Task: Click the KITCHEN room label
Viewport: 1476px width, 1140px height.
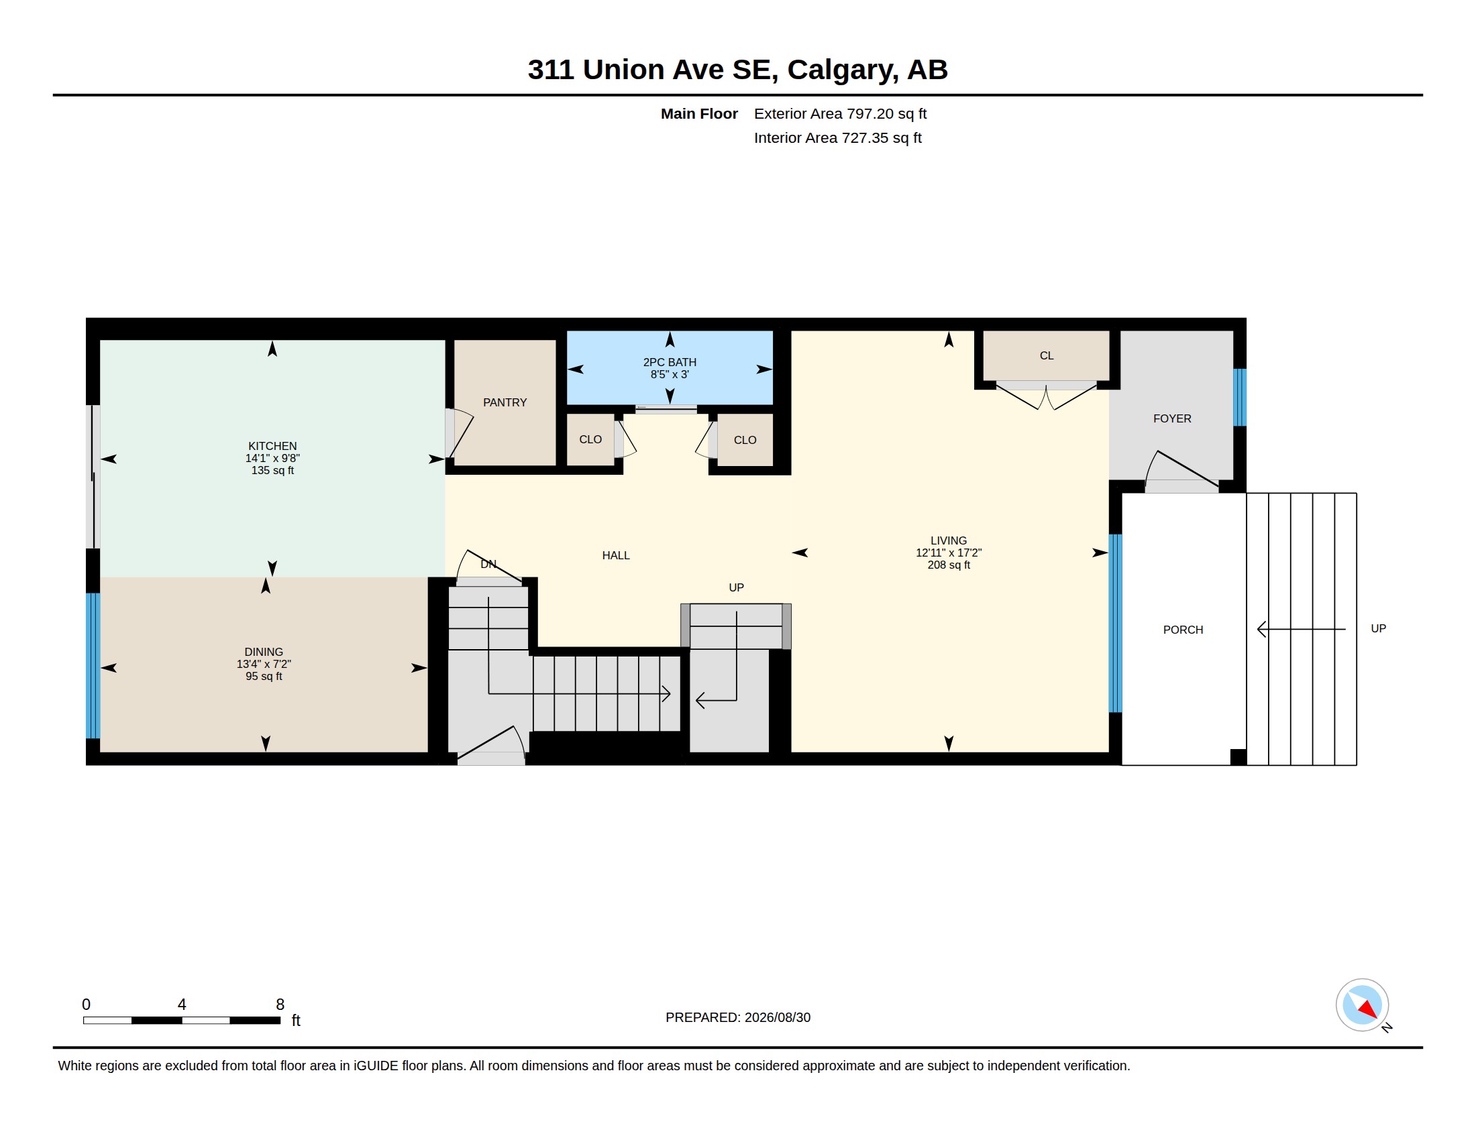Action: (272, 446)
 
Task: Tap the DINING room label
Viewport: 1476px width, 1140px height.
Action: (264, 652)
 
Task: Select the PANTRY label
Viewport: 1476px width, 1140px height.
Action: (505, 402)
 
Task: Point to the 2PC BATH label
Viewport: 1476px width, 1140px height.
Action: (670, 362)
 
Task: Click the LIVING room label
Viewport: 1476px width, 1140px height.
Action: (949, 540)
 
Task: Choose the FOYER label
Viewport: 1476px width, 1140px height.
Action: (1172, 418)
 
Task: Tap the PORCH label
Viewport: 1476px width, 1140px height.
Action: (1183, 630)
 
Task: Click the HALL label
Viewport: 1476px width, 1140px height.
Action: (616, 555)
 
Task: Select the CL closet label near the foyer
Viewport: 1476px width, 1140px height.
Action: (1046, 355)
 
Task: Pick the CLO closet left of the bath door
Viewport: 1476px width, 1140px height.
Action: (590, 439)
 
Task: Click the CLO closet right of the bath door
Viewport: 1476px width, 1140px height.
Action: (745, 440)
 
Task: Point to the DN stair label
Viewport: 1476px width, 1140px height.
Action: (488, 564)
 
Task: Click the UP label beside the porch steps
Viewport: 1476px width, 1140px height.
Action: (1378, 628)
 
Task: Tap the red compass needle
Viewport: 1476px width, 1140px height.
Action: (1368, 1009)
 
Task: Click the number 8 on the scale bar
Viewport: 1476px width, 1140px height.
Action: (280, 1005)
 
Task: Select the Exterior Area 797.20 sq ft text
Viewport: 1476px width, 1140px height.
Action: (840, 113)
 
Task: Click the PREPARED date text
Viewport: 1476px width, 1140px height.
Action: (738, 1017)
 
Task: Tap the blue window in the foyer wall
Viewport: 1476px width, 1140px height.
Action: (1239, 397)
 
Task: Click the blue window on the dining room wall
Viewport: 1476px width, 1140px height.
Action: (93, 665)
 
